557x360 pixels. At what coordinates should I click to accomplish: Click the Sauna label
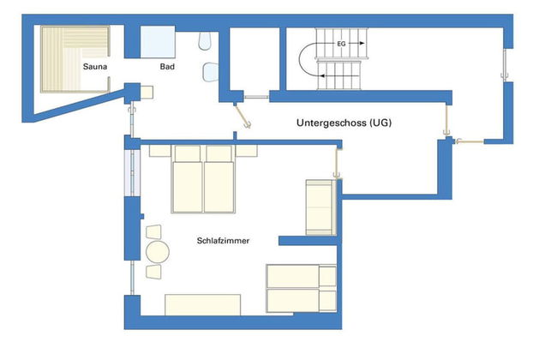pyautogui.click(x=94, y=66)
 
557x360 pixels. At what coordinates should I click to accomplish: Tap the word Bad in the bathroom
pyautogui.click(x=168, y=66)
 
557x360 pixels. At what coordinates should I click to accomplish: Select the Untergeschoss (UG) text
pyautogui.click(x=344, y=123)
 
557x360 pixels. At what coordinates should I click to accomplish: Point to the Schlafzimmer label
pyautogui.click(x=223, y=242)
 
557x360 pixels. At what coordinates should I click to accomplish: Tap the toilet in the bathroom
pyautogui.click(x=204, y=41)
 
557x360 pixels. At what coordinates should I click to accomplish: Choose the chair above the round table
pyautogui.click(x=154, y=231)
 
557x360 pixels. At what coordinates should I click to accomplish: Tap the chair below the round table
pyautogui.click(x=154, y=273)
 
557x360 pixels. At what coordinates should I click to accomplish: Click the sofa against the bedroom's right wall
pyautogui.click(x=320, y=207)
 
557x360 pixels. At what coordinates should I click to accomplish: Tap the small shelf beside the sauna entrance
pyautogui.click(x=145, y=90)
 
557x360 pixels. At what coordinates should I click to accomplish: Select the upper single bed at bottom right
pyautogui.click(x=300, y=276)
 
